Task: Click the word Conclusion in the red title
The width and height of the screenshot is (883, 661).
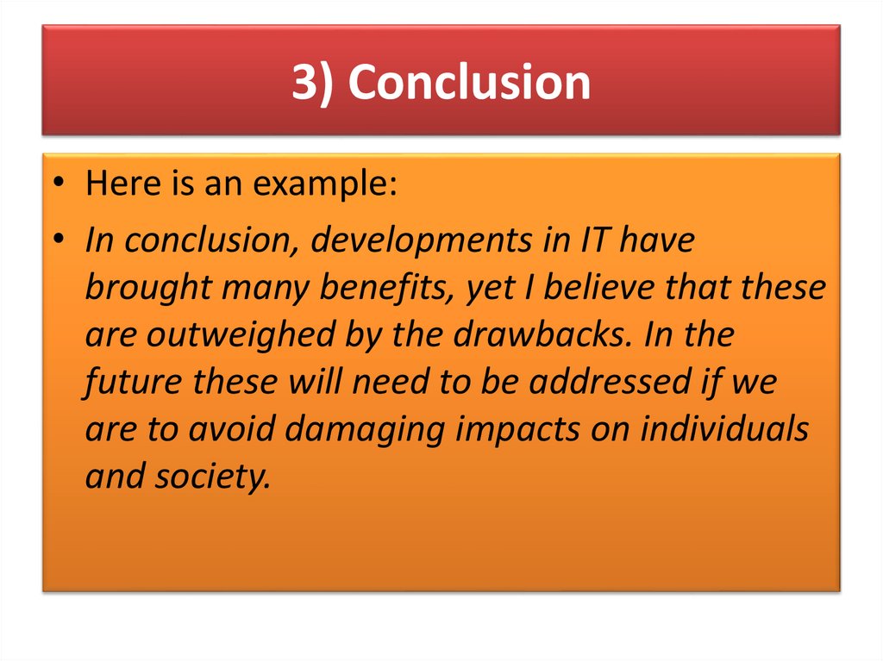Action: coord(470,84)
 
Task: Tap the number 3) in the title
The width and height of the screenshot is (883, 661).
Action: coord(314,84)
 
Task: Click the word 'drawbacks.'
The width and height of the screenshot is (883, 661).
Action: coord(529,335)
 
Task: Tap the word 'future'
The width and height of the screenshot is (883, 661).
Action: coord(134,382)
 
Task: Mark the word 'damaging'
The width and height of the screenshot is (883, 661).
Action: coord(366,430)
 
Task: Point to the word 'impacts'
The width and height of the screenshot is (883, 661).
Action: coord(517,430)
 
